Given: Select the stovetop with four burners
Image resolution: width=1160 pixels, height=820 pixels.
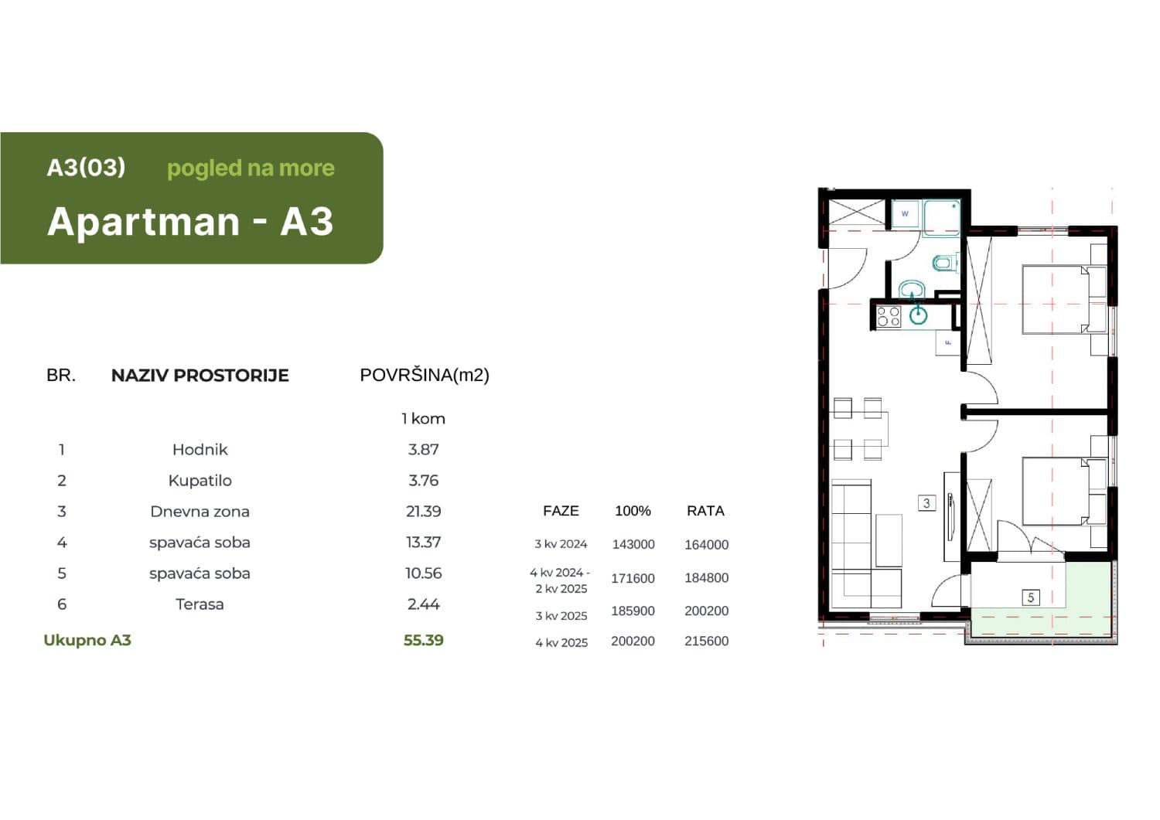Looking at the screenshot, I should click(889, 316).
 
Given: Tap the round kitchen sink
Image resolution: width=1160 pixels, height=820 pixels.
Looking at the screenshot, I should click(919, 315).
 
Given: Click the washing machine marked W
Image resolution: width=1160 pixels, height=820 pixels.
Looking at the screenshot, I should click(905, 213).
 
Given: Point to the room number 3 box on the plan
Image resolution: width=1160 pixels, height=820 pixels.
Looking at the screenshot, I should click(926, 503).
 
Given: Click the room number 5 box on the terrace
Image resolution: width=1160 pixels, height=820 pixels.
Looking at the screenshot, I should click(1030, 597).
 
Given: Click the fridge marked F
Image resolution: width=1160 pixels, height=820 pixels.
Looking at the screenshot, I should click(948, 342).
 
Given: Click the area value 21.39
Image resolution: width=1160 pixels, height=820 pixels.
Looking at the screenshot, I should click(423, 511).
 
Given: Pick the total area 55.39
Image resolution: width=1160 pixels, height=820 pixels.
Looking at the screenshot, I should click(423, 640).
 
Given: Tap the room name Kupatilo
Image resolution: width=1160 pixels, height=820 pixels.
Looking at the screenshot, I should click(200, 480).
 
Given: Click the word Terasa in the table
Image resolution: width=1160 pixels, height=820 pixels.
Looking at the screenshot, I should click(200, 604).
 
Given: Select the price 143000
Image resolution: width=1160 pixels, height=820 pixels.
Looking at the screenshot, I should click(633, 544).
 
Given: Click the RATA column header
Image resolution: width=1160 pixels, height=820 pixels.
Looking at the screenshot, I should click(705, 511).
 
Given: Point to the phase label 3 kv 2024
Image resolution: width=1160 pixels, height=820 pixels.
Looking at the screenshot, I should click(561, 544).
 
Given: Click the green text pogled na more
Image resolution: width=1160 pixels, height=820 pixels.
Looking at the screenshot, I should click(251, 168).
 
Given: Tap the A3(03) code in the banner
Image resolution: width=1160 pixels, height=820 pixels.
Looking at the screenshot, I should click(86, 168).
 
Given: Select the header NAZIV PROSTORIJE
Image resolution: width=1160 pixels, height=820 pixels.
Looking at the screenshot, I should click(200, 376).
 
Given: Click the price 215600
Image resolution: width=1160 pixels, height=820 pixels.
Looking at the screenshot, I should click(706, 641).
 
